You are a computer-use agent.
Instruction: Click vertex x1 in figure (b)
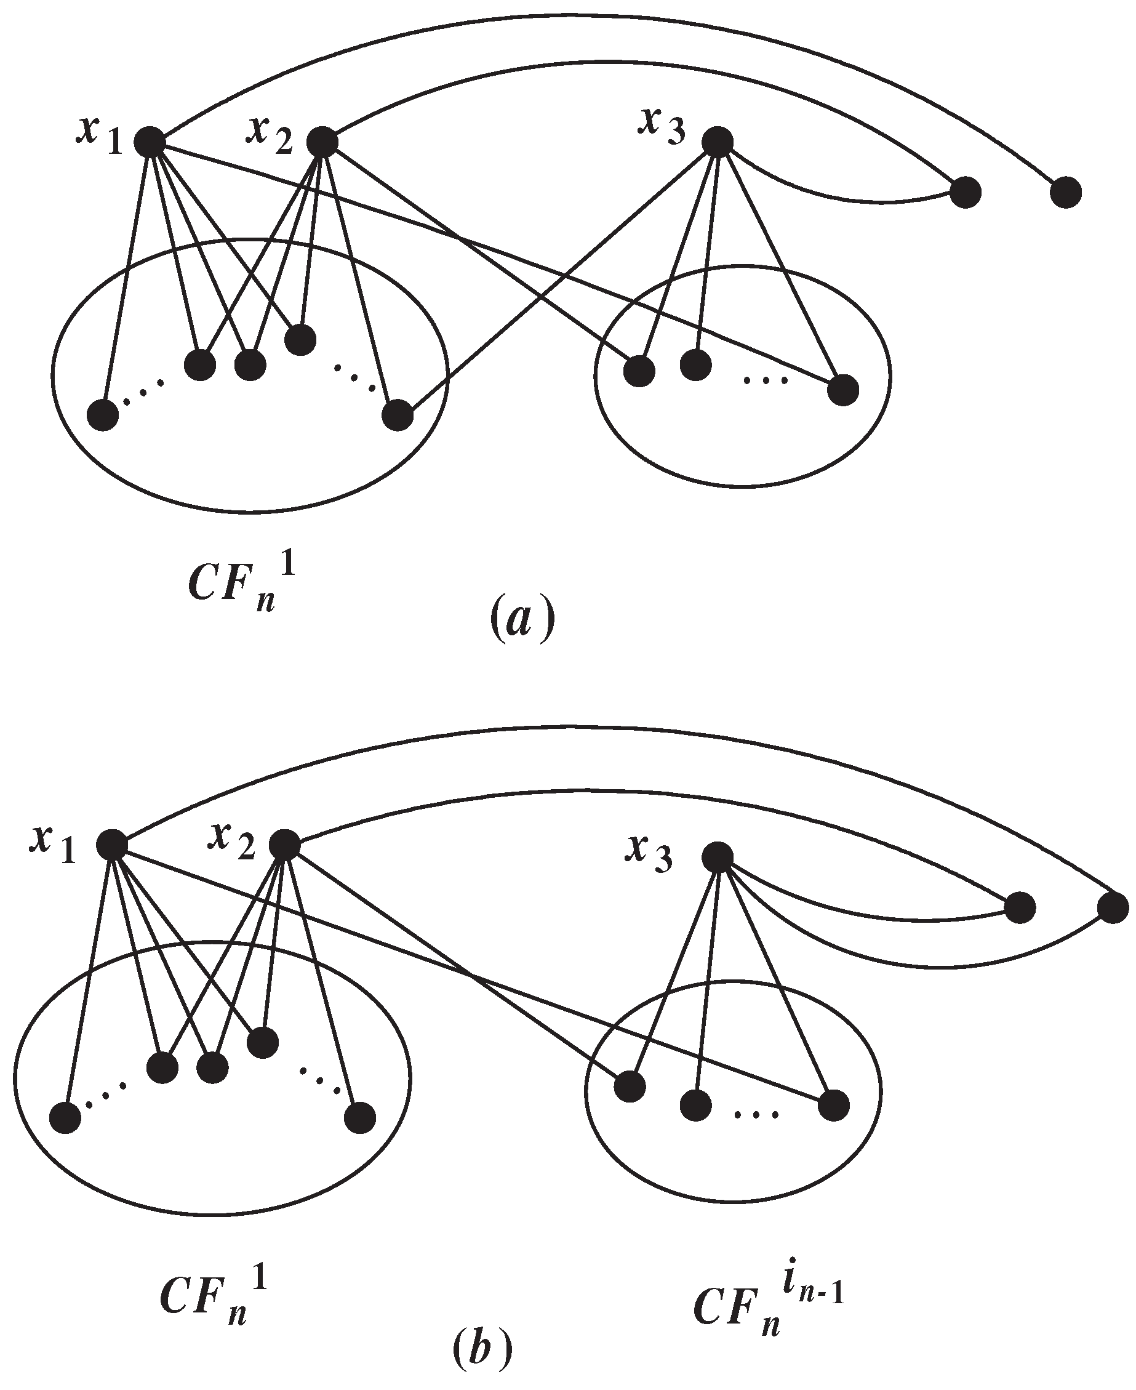tap(111, 844)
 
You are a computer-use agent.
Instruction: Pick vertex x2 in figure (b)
tap(285, 844)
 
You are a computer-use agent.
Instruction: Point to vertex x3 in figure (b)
tap(717, 857)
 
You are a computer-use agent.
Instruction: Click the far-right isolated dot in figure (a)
tap(1066, 193)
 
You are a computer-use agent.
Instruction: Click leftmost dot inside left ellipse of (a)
tap(103, 415)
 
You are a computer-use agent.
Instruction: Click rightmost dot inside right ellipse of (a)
tap(843, 391)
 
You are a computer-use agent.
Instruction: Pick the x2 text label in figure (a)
tap(269, 135)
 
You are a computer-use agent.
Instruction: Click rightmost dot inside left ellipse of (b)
tap(360, 1118)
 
